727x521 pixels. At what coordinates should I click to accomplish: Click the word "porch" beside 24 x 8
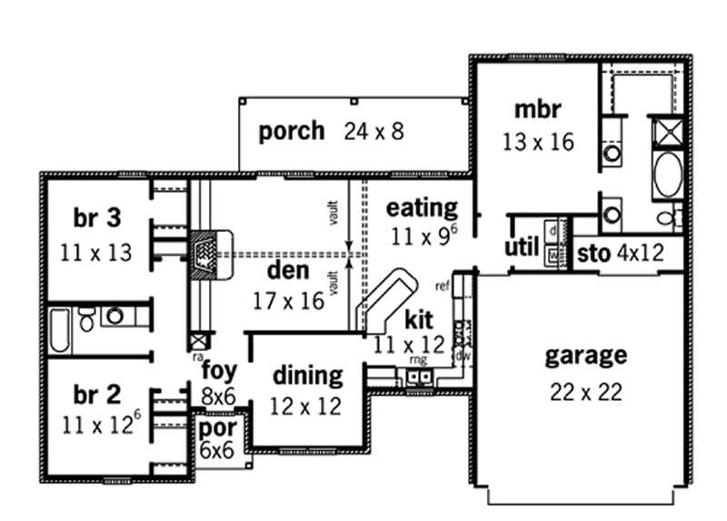pos(291,131)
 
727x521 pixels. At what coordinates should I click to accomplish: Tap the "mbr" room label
pos(537,110)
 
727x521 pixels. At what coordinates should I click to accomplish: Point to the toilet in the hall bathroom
pos(87,318)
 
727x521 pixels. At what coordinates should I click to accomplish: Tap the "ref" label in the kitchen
pos(443,286)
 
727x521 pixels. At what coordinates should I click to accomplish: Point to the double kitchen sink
pos(419,376)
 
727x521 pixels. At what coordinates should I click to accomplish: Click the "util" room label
pos(522,248)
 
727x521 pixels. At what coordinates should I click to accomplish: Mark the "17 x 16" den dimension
pos(289,301)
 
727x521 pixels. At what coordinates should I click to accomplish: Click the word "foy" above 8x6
pos(219,371)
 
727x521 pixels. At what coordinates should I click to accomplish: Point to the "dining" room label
pos(308,375)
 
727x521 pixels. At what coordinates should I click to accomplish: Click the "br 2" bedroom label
pos(96,394)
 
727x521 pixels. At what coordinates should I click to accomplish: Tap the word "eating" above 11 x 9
pos(422,207)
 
